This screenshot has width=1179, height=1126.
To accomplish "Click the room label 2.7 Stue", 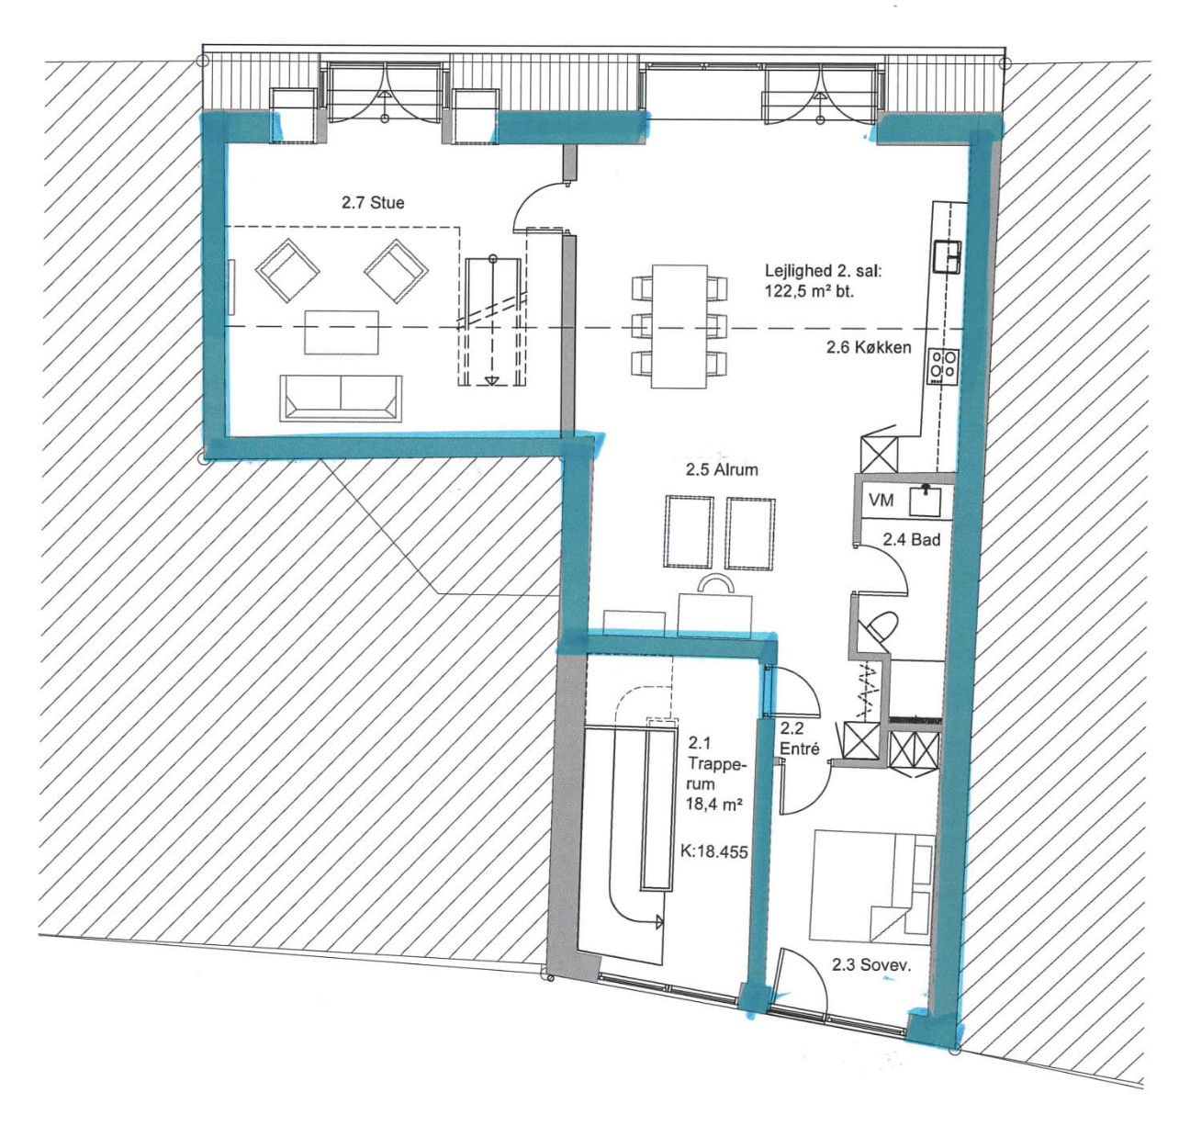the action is (x=373, y=202).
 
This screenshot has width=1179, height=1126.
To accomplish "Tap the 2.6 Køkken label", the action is (x=869, y=347).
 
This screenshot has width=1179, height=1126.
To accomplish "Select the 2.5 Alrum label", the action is (x=722, y=469).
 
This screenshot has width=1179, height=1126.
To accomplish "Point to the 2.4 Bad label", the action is (x=911, y=539).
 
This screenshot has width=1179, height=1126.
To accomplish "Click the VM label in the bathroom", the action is (x=881, y=500).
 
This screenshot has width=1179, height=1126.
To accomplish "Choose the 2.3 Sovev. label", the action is (x=871, y=964).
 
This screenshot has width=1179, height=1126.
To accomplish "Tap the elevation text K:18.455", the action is (x=713, y=851).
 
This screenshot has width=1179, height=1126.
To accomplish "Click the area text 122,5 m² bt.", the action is (x=809, y=291).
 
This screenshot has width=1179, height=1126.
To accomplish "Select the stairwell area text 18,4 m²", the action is (x=714, y=805).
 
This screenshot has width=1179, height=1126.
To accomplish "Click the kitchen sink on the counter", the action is (x=947, y=256).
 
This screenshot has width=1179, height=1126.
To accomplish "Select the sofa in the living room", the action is (x=341, y=399).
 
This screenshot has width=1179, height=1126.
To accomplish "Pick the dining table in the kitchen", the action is (x=679, y=326).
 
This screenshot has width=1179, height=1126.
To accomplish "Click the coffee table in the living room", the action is (x=342, y=332).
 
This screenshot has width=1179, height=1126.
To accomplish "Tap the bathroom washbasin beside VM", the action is (x=926, y=500).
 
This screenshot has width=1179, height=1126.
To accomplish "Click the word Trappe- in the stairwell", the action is (x=717, y=765).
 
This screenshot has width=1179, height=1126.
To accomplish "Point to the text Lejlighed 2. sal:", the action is (x=824, y=270).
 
